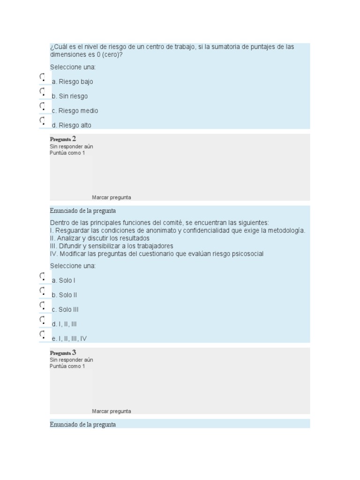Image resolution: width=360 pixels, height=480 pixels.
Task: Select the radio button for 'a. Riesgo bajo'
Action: (42, 77)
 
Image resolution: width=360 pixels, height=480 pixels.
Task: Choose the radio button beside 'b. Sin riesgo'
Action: (42, 91)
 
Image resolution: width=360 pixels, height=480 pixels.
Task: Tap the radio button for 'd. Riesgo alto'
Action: (42, 120)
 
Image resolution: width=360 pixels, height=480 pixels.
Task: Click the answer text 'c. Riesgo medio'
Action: (75, 111)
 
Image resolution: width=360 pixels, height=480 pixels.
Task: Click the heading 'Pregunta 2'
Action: (63, 139)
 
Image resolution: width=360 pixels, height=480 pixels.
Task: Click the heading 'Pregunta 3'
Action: (63, 352)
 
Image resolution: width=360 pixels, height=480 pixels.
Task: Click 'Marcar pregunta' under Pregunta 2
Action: (112, 197)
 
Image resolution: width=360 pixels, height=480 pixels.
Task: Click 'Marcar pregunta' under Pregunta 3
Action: (112, 411)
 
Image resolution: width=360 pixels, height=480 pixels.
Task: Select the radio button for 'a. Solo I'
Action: (42, 276)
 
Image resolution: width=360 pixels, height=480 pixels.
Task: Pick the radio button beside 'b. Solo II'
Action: (42, 291)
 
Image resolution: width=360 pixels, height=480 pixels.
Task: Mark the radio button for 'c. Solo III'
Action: (42, 305)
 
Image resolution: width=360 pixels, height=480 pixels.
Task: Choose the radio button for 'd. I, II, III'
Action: (42, 320)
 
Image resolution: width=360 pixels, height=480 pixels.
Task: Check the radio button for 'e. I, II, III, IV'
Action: (42, 334)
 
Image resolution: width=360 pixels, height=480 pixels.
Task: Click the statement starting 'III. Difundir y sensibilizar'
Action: (112, 246)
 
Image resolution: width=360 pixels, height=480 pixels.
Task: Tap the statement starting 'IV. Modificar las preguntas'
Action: (157, 254)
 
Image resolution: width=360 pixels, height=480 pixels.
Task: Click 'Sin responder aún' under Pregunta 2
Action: (71, 146)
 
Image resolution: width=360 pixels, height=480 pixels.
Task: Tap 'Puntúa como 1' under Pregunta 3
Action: (67, 366)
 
